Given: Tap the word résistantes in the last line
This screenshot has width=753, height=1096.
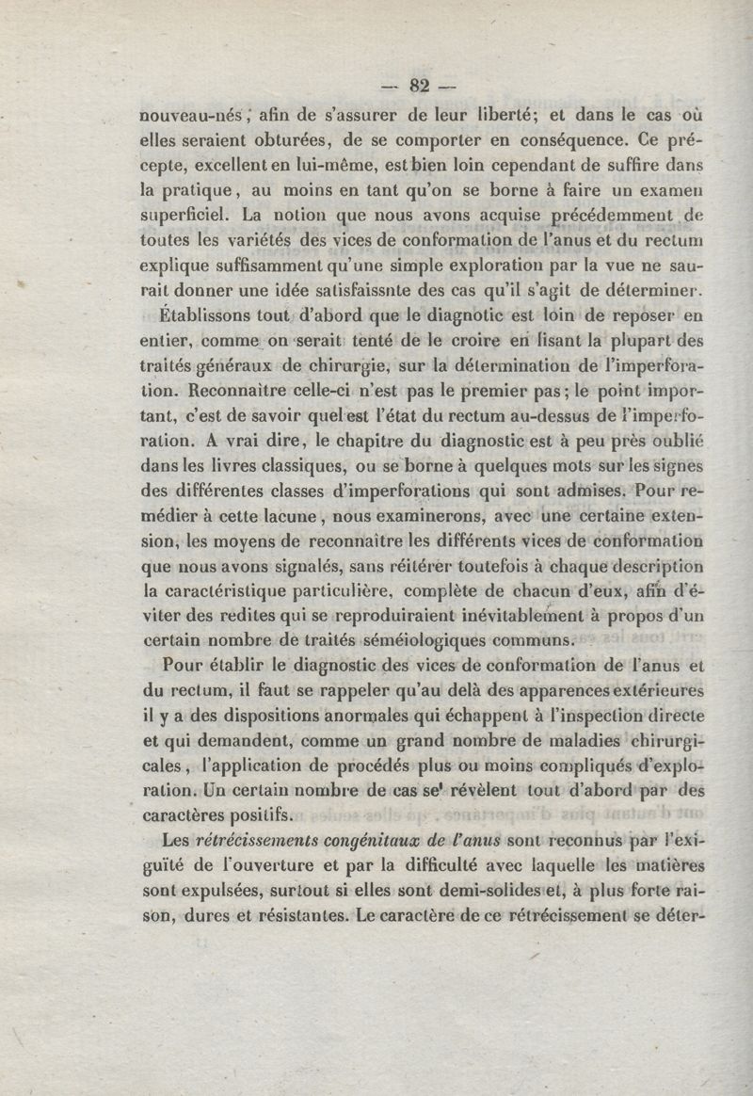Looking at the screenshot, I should point(299,915).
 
